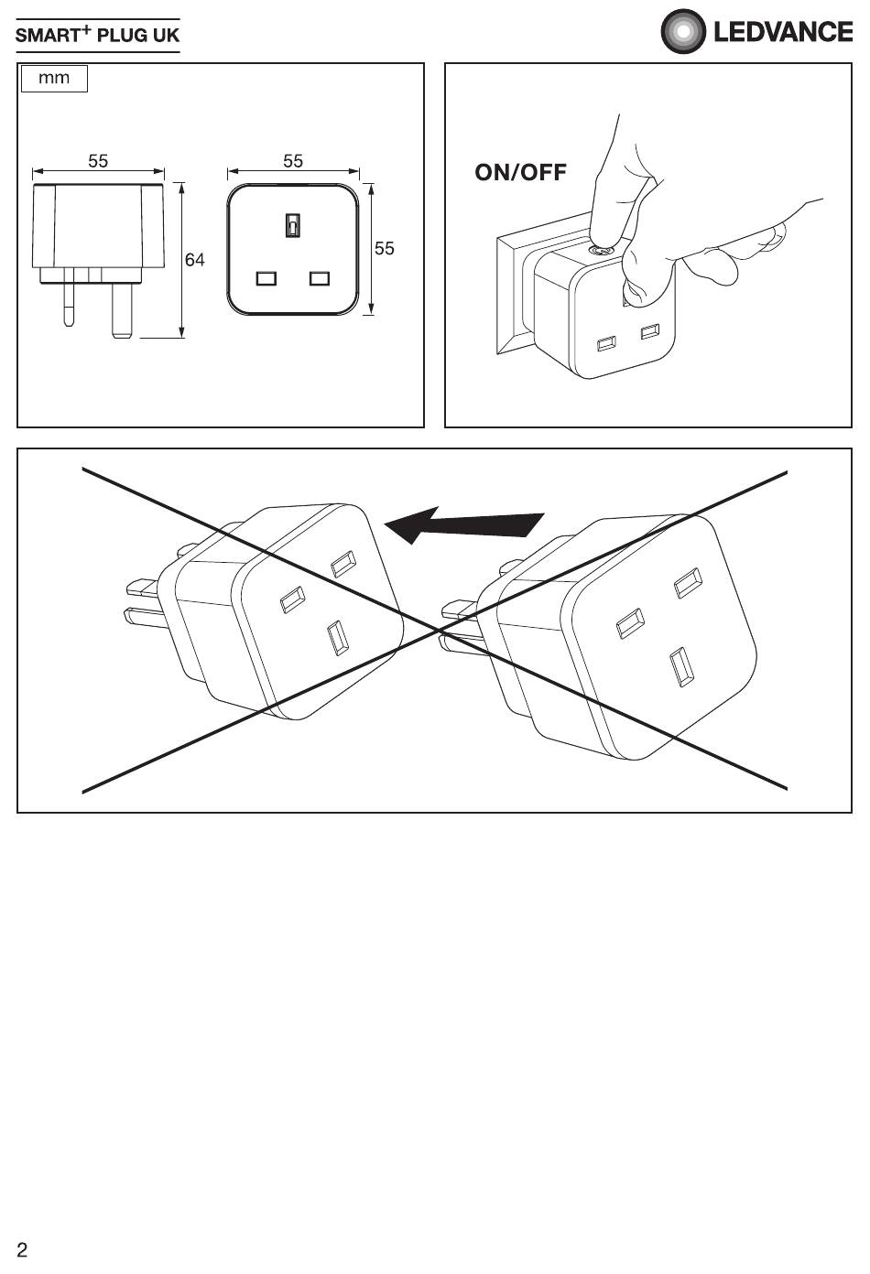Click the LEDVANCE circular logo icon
pos(683,31)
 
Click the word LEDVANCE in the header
pos(783,32)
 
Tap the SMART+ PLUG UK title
pos(97,35)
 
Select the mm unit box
pos(54,79)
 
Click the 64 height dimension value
pos(194,260)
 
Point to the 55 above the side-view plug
pos(98,161)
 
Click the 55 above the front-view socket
pos(293,161)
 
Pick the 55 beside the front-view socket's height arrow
pos(384,249)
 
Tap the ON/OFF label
pos(521,172)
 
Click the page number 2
pos(22,1249)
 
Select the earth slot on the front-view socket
pos(292,225)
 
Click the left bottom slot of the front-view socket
pos(266,278)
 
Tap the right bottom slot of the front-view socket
pos(320,278)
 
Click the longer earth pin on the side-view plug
pos(122,310)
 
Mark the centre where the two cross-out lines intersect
pos(438,631)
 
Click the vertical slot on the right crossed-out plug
pos(681,667)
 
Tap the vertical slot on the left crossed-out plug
pos(338,638)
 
